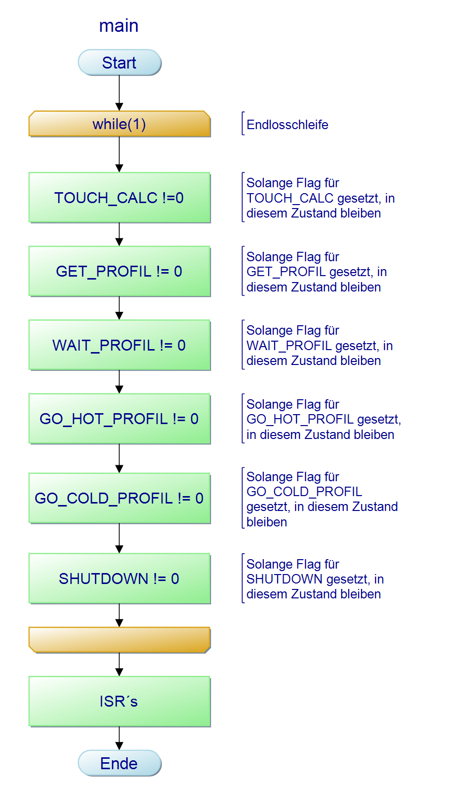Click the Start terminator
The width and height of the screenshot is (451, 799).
[119, 63]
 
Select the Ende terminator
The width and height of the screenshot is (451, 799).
[119, 763]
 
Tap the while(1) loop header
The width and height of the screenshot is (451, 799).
[119, 124]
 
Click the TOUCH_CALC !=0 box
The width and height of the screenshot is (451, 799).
[119, 198]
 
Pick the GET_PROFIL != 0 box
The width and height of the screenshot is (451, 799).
[119, 271]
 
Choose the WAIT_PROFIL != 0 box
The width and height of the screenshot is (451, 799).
[119, 345]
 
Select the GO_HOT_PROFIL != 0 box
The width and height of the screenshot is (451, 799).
[119, 419]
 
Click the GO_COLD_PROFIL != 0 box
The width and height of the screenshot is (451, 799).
[119, 498]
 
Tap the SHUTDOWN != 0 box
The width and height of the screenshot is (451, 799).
[119, 579]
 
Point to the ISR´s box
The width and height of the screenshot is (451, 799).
[119, 701]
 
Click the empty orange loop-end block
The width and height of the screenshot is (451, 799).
[119, 640]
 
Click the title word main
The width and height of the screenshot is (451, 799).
[119, 25]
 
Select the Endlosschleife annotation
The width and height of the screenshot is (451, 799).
[287, 125]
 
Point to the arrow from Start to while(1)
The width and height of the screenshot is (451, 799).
[119, 93]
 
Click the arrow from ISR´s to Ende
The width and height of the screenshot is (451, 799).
[119, 738]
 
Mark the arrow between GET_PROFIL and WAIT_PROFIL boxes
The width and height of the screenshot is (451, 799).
[119, 308]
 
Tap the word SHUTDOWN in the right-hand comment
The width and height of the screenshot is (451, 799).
[284, 579]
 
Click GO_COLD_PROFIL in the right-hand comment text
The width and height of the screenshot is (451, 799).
[304, 492]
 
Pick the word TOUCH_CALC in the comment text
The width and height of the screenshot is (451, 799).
[290, 198]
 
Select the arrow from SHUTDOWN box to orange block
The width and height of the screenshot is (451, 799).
[119, 615]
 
